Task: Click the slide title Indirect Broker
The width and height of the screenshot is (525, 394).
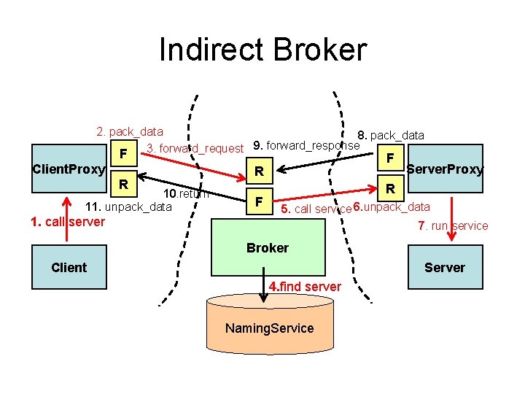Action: [262, 50]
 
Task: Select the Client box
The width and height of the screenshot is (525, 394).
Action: [69, 267]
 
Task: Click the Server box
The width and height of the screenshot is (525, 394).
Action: [444, 267]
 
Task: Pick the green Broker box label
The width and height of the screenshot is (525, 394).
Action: [267, 247]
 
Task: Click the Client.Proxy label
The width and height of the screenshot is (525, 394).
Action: [69, 170]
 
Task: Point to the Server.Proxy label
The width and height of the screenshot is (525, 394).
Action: [446, 169]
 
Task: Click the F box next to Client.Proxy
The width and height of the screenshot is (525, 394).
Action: [125, 154]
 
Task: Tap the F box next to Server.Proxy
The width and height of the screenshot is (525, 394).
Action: [391, 158]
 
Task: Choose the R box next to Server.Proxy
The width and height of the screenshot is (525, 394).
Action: [391, 189]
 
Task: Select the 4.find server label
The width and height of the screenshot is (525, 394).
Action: [305, 287]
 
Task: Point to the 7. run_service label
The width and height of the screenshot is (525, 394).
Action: [453, 225]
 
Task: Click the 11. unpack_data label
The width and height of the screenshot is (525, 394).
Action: [129, 207]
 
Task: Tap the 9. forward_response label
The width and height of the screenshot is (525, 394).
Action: [306, 145]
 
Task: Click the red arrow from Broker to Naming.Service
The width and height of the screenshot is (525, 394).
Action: [267, 281]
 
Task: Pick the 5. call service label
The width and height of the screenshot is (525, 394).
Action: [316, 209]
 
